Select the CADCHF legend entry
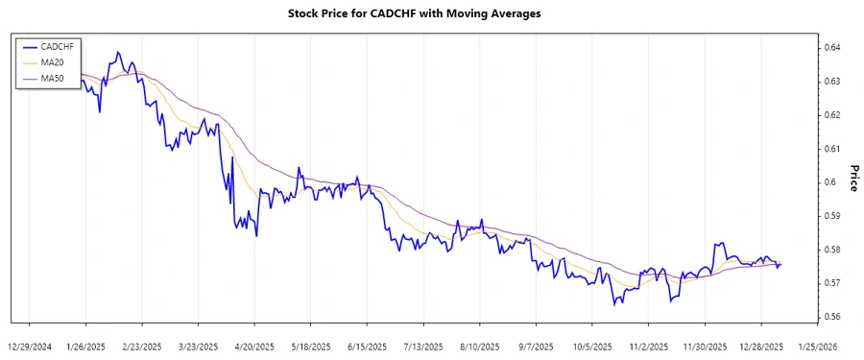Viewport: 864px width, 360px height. tap(56, 45)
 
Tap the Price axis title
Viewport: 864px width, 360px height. tap(853, 178)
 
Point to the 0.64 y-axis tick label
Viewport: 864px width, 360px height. tap(833, 47)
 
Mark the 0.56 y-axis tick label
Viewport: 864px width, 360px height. tap(833, 317)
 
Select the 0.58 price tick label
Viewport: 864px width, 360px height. tap(833, 250)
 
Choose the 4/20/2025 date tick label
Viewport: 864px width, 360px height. tap(254, 346)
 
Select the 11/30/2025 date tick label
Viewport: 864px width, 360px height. tap(704, 346)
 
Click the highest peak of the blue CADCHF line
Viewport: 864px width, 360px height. tap(118, 52)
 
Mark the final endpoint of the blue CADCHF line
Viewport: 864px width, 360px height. tap(780, 264)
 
